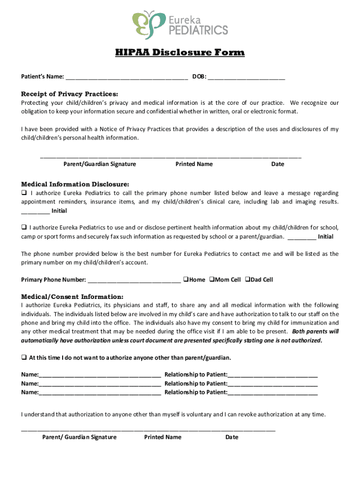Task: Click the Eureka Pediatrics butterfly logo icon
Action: pos(149,25)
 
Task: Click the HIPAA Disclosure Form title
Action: pos(180,52)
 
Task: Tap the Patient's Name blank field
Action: pos(127,77)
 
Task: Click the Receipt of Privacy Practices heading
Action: pos(70,94)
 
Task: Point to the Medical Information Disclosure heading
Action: pos(75,184)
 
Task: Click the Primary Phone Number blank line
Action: pos(134,280)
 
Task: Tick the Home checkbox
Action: pos(186,280)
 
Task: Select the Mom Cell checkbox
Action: pos(211,280)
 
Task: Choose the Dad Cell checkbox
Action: pos(248,280)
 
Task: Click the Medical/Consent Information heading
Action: pos(72,297)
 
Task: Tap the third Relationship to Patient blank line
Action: pos(273,393)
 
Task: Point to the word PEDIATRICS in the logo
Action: pos(198,30)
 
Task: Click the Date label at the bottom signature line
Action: pos(231,437)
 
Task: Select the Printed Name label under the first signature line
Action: pos(194,164)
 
